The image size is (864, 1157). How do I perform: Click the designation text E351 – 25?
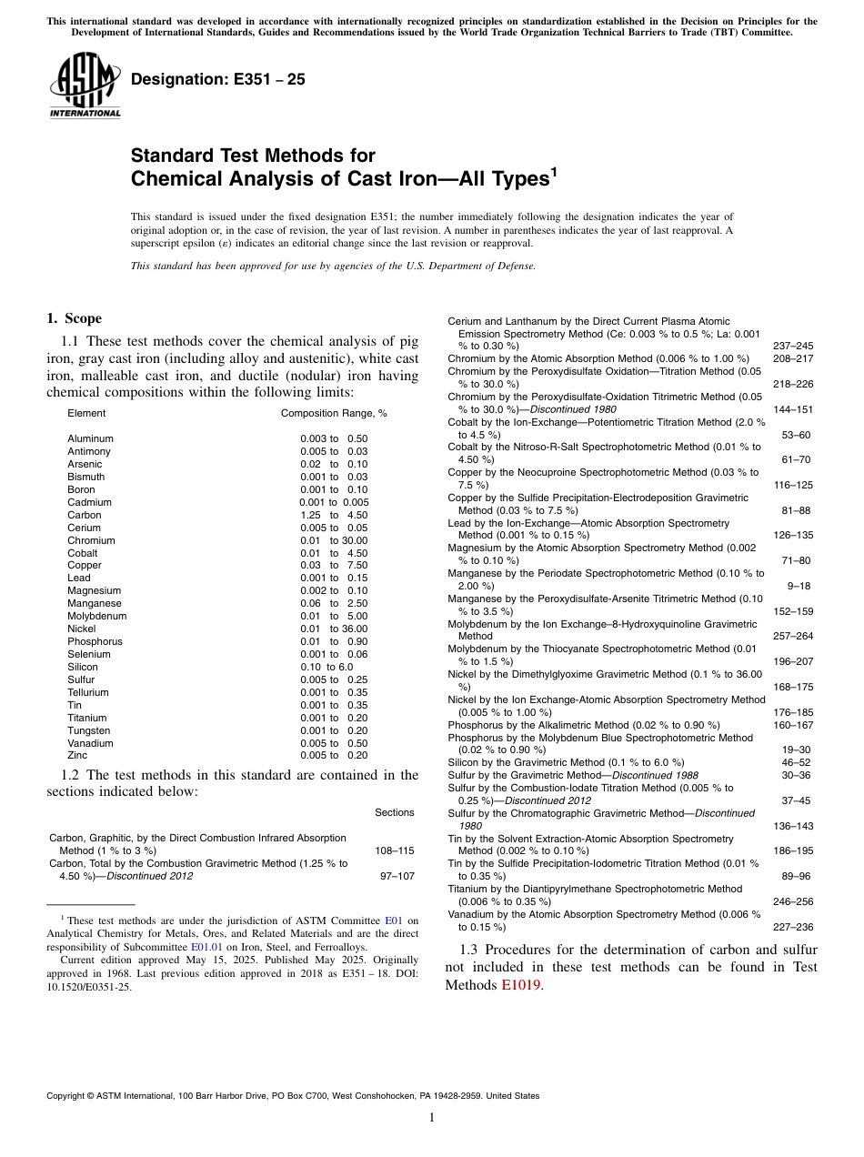pos(217,80)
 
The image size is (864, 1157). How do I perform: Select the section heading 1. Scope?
pos(75,318)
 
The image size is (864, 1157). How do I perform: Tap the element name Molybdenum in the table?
pos(96,616)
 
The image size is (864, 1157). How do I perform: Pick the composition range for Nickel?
pos(334,629)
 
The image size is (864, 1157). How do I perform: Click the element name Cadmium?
pos(89,502)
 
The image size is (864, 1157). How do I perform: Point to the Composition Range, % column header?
pos(334,413)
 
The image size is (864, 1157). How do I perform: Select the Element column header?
pos(86,413)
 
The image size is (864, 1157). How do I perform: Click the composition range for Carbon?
pos(334,515)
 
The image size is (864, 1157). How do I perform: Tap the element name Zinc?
pos(78,755)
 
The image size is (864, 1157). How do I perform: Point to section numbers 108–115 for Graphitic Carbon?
pos(394,850)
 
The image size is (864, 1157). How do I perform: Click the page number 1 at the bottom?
pos(432,1117)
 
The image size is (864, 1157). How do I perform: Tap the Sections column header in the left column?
pos(394,812)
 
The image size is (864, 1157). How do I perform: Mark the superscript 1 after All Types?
pos(552,170)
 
